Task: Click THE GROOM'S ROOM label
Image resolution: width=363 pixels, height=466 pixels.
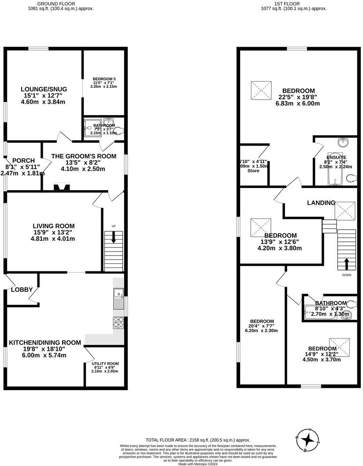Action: click(84, 156)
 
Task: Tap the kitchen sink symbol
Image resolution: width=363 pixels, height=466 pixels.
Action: click(118, 298)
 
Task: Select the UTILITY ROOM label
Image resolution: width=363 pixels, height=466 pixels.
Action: click(104, 363)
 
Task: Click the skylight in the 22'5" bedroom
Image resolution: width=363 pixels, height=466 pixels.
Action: click(261, 91)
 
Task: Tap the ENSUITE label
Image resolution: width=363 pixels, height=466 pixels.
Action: click(336, 157)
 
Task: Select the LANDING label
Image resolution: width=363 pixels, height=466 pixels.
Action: click(321, 203)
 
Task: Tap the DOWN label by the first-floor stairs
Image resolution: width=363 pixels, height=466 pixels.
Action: click(346, 275)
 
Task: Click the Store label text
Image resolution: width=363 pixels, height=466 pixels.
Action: click(253, 170)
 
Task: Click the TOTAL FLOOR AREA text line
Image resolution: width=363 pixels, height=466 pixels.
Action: click(198, 440)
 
